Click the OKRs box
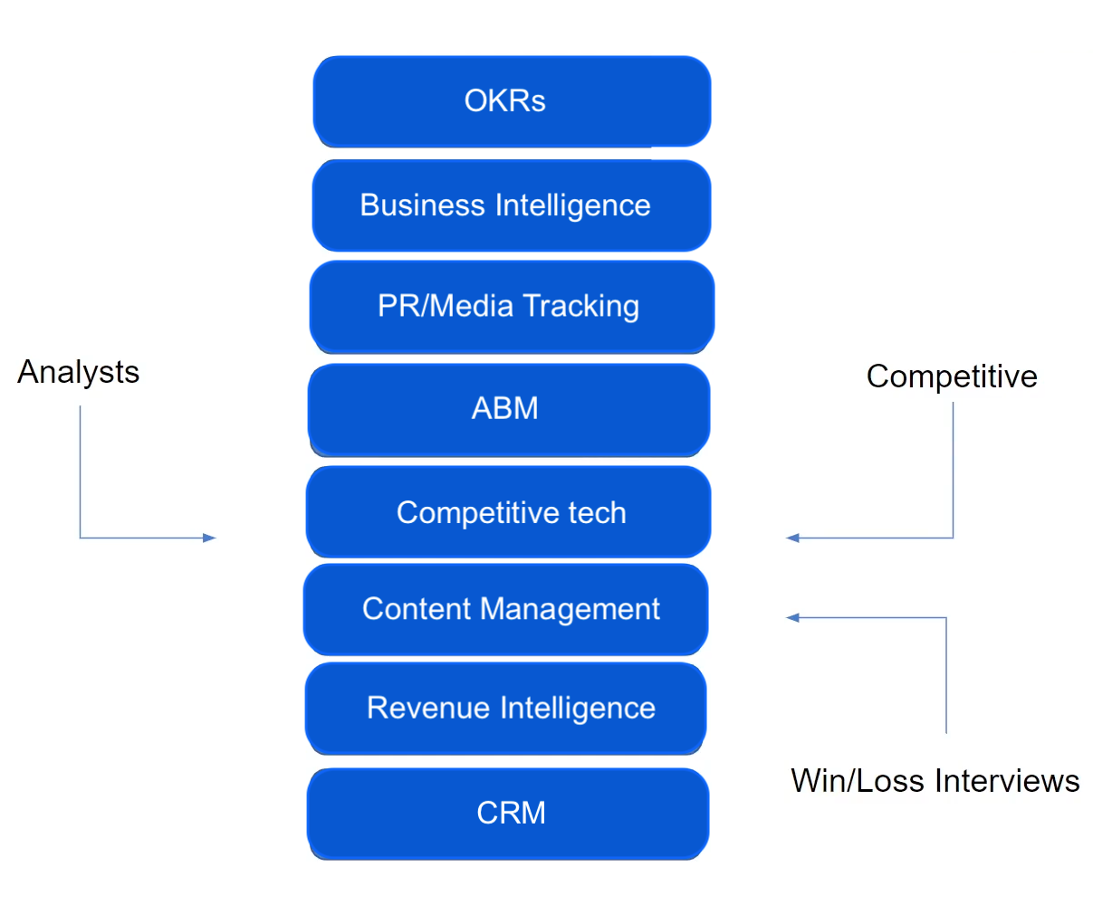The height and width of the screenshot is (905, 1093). tap(512, 101)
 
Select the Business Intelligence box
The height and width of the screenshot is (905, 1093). tap(512, 205)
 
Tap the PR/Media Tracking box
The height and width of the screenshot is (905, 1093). tap(512, 307)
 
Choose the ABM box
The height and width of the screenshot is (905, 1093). tap(509, 409)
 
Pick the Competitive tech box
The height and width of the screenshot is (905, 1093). tap(509, 512)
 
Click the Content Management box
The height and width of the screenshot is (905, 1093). tap(506, 609)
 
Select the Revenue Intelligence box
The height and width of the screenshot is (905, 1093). tap(506, 708)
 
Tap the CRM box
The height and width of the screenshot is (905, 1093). tap(508, 813)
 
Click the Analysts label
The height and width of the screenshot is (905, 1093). tap(79, 372)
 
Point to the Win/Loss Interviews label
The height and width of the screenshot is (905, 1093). tap(935, 780)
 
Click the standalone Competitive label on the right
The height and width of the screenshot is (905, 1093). tap(952, 376)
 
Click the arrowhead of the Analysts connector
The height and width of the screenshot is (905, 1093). tap(210, 538)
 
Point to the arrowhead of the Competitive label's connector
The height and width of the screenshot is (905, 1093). tap(792, 538)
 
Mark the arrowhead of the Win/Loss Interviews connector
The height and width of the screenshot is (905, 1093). tap(792, 617)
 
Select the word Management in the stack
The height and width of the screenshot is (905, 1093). tap(570, 610)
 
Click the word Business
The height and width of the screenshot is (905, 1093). tap(422, 205)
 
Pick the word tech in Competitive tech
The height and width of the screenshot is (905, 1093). tap(597, 513)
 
